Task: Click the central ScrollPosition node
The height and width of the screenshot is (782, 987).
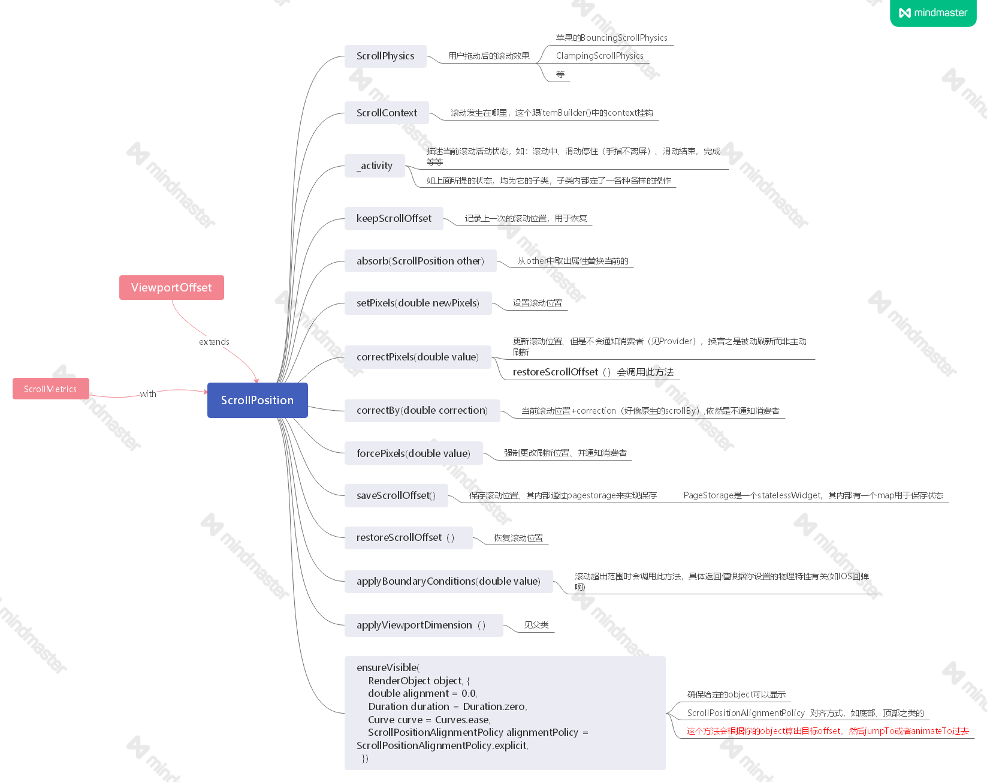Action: pyautogui.click(x=257, y=400)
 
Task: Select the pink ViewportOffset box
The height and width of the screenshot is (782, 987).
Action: pyautogui.click(x=171, y=287)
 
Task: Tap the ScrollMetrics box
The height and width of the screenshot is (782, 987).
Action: pyautogui.click(x=50, y=389)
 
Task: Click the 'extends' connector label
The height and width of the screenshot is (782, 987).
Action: pyautogui.click(x=214, y=342)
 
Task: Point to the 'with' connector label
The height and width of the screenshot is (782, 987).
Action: pyautogui.click(x=148, y=394)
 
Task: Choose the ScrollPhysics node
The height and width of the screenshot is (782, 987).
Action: pyautogui.click(x=385, y=56)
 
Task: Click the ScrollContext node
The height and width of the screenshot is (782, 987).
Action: pyautogui.click(x=387, y=113)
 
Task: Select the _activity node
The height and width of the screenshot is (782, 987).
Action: pyautogui.click(x=375, y=166)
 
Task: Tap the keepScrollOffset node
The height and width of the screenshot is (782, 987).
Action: pyautogui.click(x=394, y=218)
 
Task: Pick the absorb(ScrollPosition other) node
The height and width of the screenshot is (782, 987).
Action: pyautogui.click(x=420, y=261)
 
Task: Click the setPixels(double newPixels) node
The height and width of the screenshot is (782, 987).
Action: pyautogui.click(x=418, y=303)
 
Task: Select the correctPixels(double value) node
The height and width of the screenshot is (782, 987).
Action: pyautogui.click(x=417, y=357)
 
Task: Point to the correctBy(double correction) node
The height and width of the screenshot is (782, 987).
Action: pyautogui.click(x=422, y=410)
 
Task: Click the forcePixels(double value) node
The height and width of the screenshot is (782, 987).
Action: pyautogui.click(x=413, y=453)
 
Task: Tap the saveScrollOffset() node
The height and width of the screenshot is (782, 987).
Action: pyautogui.click(x=396, y=495)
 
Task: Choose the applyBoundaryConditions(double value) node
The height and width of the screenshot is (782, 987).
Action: pyautogui.click(x=448, y=581)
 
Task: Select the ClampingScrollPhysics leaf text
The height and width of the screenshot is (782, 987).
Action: pyautogui.click(x=599, y=56)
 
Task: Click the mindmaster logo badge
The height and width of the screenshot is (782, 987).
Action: pyautogui.click(x=933, y=13)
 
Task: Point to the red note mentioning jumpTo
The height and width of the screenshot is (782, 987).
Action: pyautogui.click(x=827, y=731)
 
